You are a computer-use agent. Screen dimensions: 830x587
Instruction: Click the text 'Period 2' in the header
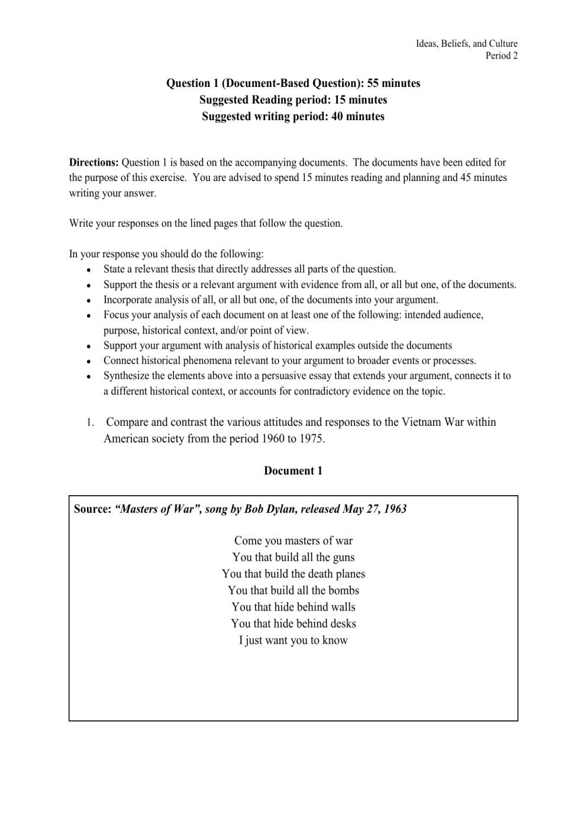click(501, 56)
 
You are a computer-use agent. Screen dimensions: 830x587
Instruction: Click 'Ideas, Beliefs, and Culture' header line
click(466, 44)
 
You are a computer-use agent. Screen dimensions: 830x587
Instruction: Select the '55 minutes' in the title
click(394, 83)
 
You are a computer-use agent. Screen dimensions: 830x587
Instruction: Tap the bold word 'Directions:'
click(94, 163)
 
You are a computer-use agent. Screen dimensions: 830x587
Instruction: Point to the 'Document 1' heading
click(293, 471)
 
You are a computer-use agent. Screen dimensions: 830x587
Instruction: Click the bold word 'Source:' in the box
click(93, 509)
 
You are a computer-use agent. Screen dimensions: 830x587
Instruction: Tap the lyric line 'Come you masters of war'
click(293, 541)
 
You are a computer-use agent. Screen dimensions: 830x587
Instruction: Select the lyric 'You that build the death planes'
click(293, 574)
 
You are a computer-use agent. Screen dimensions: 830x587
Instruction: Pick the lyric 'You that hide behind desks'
click(293, 624)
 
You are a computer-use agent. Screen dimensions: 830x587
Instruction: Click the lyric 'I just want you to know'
click(293, 640)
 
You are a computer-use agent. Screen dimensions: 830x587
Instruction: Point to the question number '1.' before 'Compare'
click(90, 423)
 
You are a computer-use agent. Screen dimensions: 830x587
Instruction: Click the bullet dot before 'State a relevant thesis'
click(88, 270)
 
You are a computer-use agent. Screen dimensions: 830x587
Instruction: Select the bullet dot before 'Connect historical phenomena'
click(88, 361)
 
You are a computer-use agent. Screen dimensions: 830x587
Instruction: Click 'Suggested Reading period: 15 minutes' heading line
click(293, 100)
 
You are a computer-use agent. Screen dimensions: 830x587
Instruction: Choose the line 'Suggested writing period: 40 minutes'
click(293, 117)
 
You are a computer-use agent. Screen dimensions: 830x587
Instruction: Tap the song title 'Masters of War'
click(156, 509)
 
